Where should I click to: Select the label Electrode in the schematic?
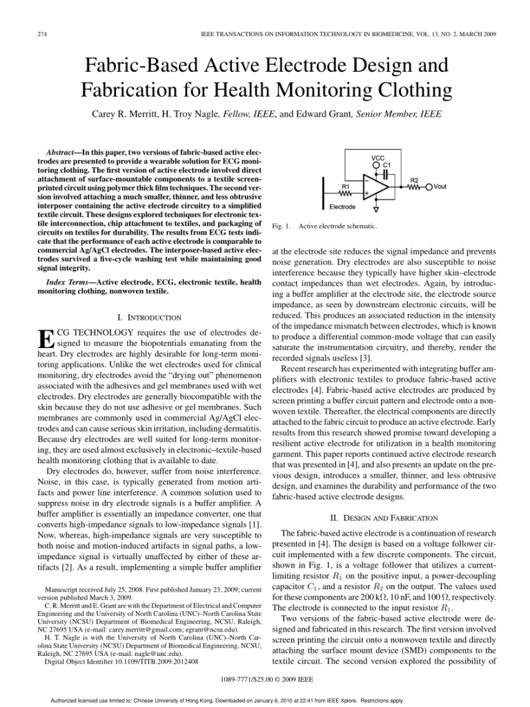pyautogui.click(x=342, y=206)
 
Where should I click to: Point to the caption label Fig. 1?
pyautogui.click(x=282, y=226)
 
